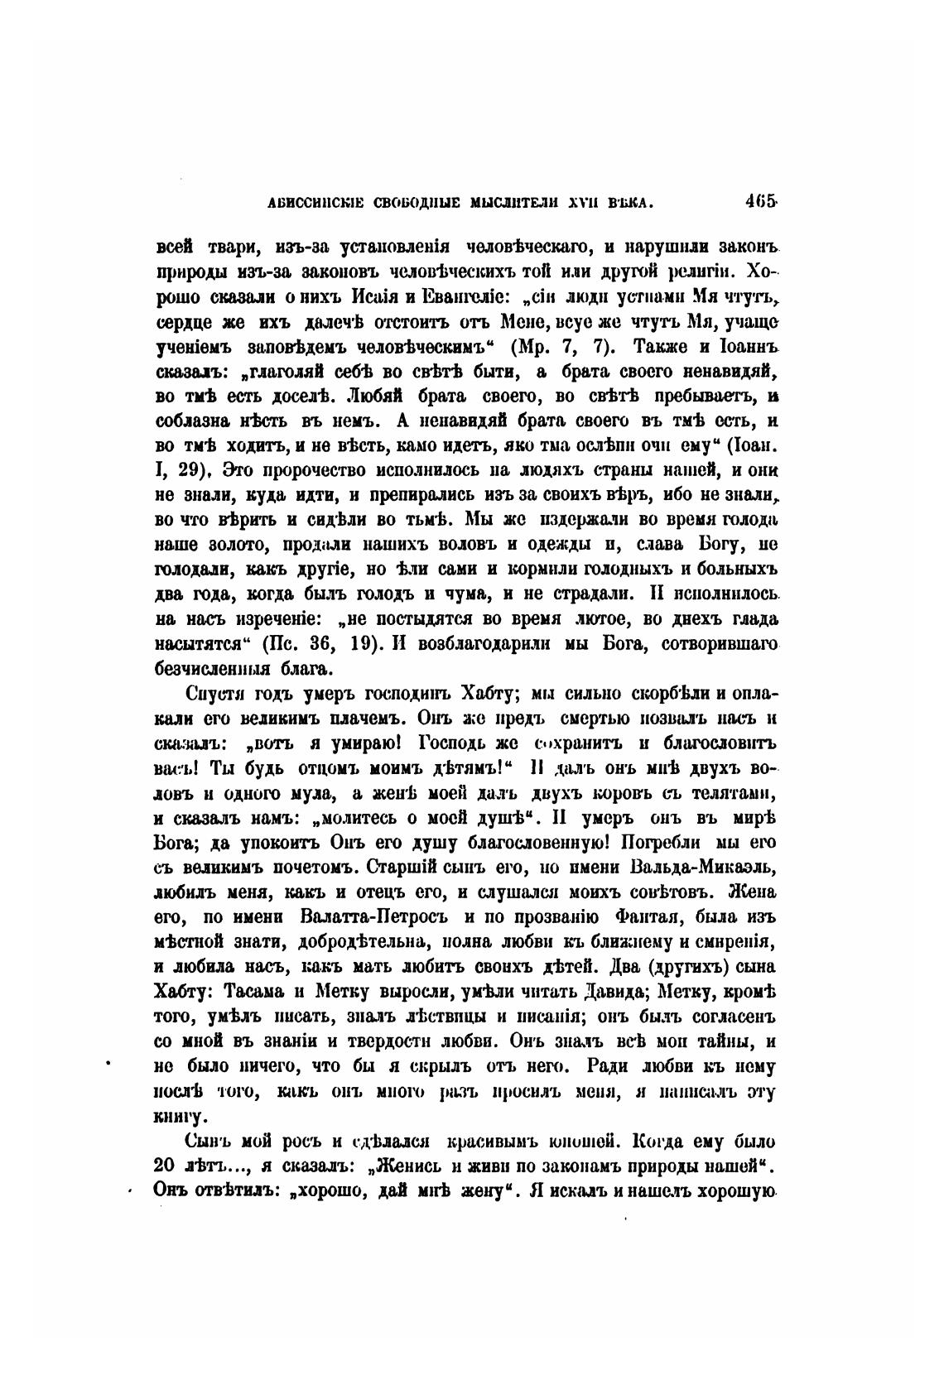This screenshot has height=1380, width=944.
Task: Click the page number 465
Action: [759, 201]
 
